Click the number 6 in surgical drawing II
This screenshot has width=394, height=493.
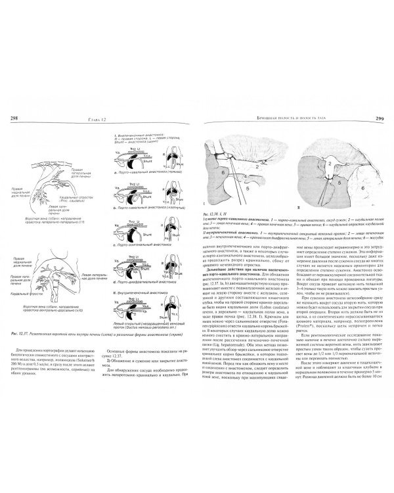[362, 185]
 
